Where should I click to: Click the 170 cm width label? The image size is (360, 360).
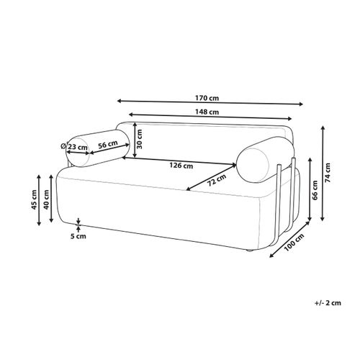207,98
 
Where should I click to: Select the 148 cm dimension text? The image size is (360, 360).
207,112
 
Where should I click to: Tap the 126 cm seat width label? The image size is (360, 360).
181,166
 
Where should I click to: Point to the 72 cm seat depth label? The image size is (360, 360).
217,180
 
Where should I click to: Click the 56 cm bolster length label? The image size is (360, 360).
108,145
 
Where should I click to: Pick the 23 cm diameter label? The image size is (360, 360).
75,147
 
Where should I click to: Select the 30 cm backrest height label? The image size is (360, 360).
139,139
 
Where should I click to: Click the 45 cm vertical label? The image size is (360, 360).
35,199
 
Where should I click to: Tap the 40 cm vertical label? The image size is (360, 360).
46,199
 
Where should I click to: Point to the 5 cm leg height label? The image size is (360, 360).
78,236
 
